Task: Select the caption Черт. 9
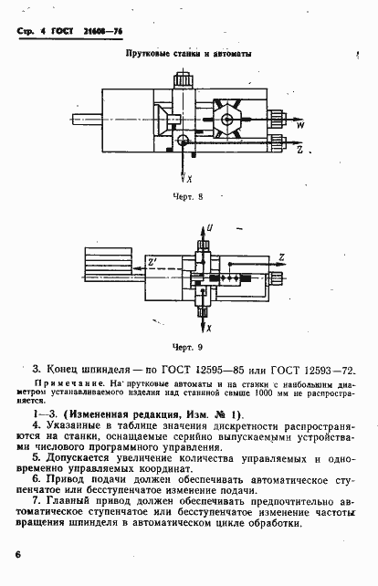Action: click(185, 347)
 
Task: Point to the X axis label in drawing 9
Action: click(209, 326)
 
